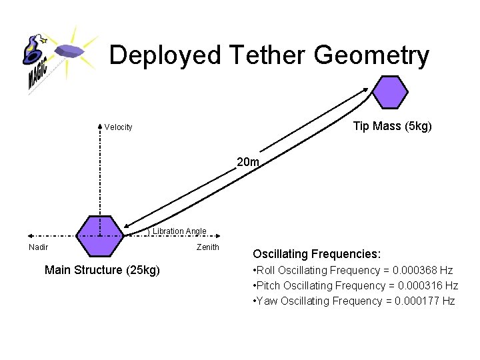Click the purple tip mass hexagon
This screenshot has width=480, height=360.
coord(389,91)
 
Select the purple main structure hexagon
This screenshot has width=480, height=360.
coord(100,236)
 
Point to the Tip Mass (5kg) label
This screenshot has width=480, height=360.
coord(392,127)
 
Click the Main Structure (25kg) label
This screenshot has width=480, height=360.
coord(102,270)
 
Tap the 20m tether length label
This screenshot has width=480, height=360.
coord(248,161)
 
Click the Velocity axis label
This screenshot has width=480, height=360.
coord(118,127)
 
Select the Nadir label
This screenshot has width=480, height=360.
coord(38,247)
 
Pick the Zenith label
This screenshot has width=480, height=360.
coord(208,247)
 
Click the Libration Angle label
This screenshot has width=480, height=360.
coord(179,231)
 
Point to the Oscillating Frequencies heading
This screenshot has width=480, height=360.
coord(317,254)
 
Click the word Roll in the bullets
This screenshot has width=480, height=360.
coord(265,270)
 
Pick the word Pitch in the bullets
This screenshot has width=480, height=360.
coord(268,285)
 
